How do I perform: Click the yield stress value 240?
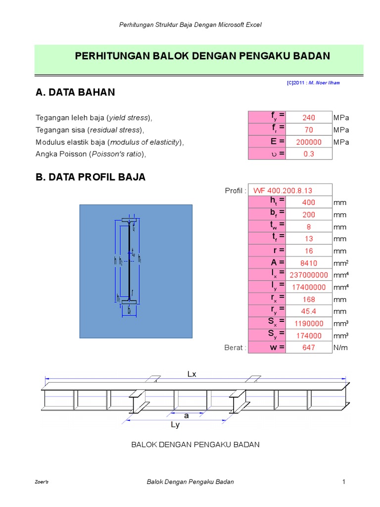coord(309,118)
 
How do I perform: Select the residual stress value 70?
coord(309,130)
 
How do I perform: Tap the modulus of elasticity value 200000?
coord(309,142)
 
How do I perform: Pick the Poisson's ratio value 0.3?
coord(309,154)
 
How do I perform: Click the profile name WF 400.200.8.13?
coord(283,191)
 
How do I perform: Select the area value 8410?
coord(309,263)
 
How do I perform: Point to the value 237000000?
coord(309,275)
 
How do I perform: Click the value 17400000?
coord(309,287)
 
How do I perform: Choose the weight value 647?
coord(309,348)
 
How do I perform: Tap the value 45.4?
coord(309,311)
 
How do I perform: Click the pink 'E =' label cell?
coord(267,142)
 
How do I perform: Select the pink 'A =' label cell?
coord(267,263)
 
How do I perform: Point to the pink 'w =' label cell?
coord(267,348)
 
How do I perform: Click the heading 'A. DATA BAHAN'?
coord(75,92)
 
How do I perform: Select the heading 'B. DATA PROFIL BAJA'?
coord(91,177)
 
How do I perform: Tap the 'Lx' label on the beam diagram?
coord(192,374)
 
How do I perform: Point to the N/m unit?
coord(340,348)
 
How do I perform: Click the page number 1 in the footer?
coord(342,482)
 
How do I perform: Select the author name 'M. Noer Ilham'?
coord(324,83)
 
